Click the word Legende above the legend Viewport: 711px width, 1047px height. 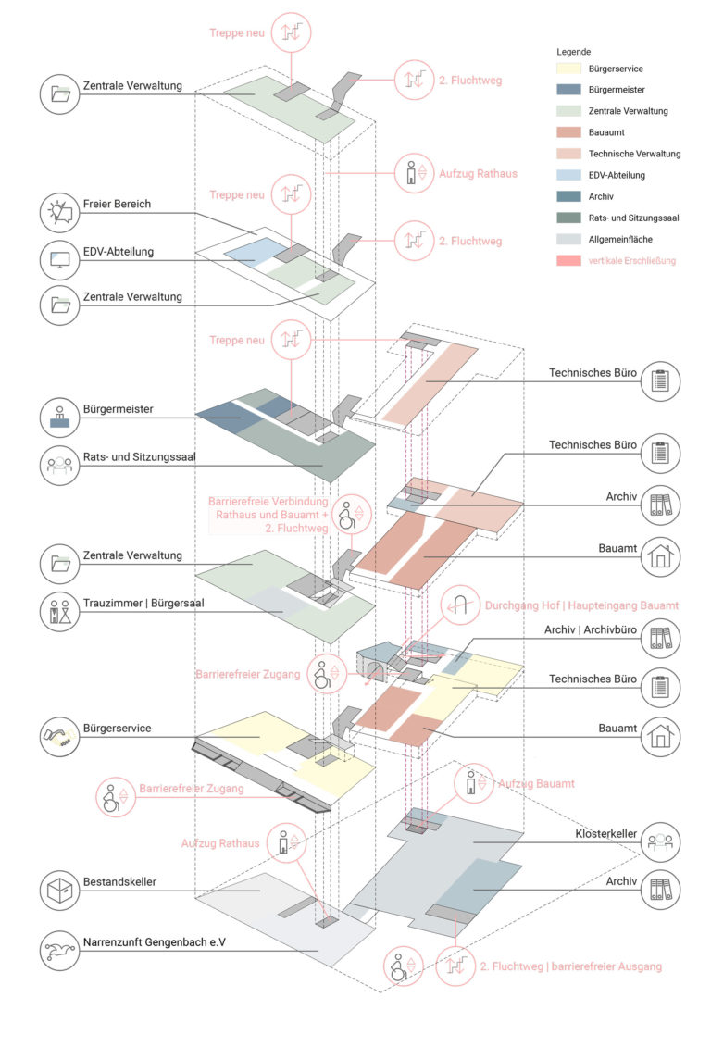click(x=574, y=52)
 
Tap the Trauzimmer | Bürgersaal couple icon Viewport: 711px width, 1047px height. click(x=62, y=611)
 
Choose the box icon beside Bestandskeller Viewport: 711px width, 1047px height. click(x=62, y=891)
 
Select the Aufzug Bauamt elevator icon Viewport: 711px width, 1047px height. click(x=474, y=784)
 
